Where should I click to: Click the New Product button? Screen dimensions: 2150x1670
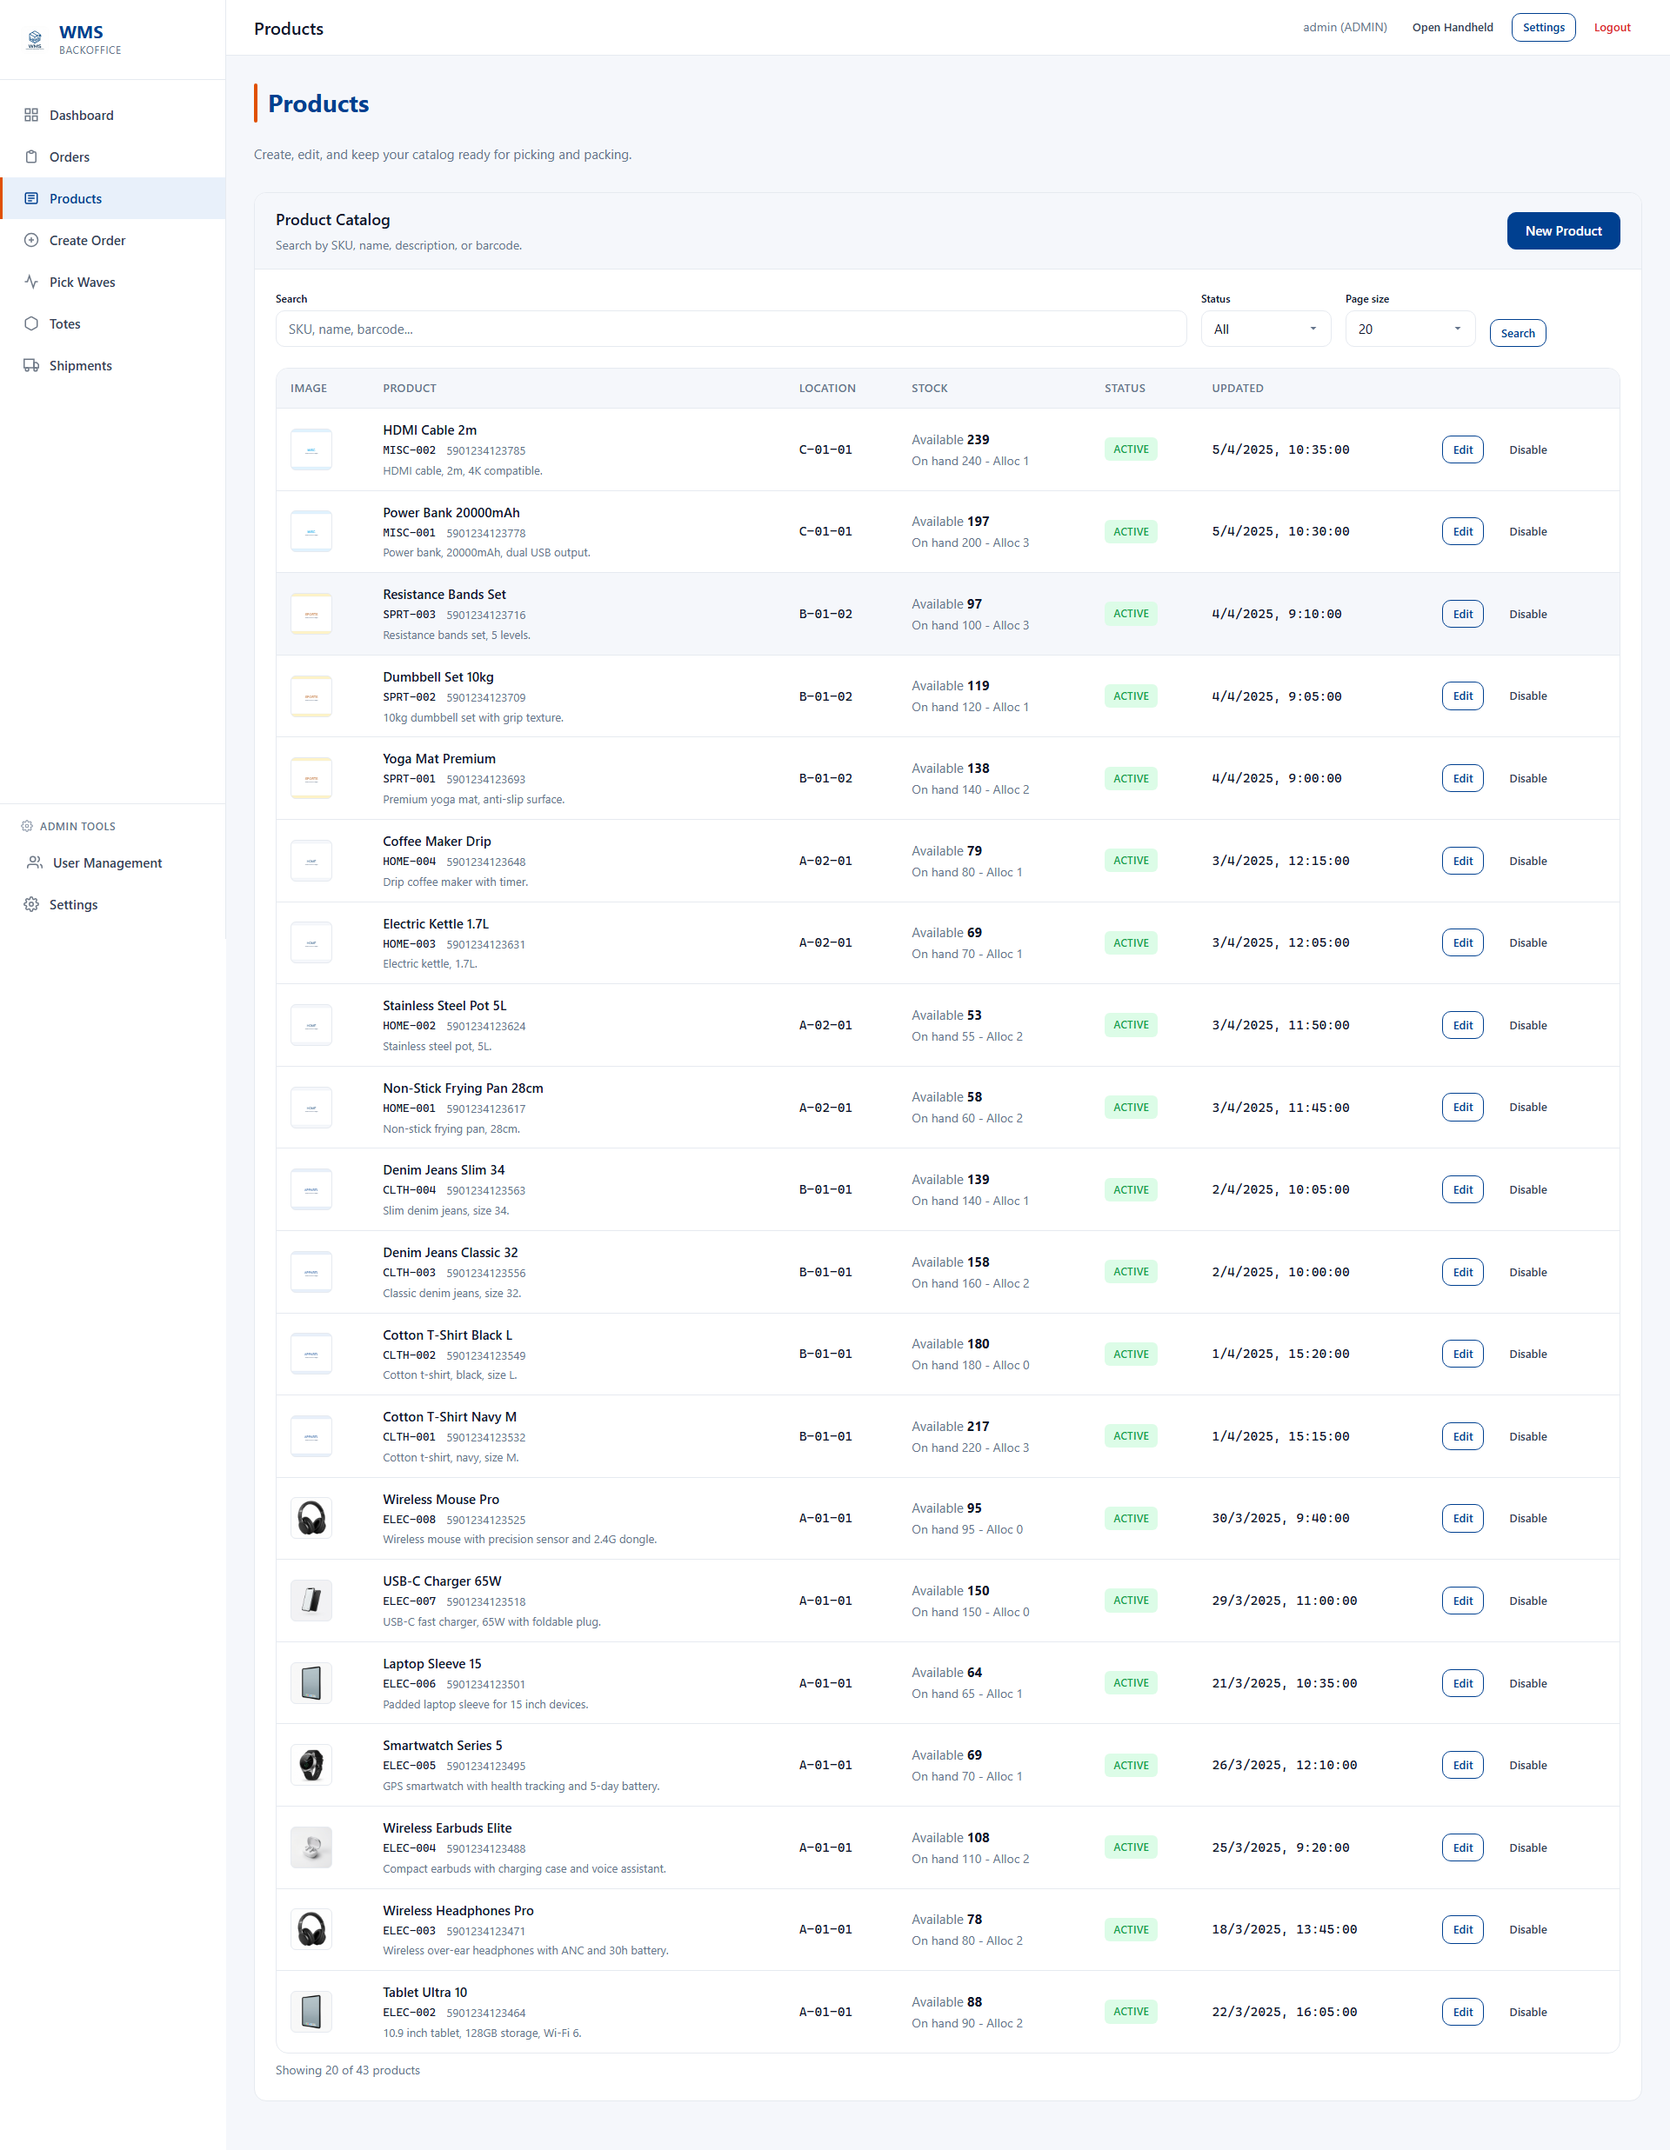click(x=1563, y=230)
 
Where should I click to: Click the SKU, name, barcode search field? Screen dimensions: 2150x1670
click(x=730, y=329)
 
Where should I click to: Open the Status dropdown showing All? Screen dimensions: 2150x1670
click(x=1265, y=329)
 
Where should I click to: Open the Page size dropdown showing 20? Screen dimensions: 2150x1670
click(x=1409, y=329)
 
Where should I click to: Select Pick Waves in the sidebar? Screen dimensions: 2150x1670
click(x=82, y=283)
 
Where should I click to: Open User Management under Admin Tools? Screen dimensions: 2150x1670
click(x=106, y=862)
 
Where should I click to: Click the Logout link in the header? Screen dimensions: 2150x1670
click(x=1611, y=28)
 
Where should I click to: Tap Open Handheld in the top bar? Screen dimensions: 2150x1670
click(x=1452, y=28)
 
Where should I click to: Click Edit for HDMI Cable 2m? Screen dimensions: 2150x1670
click(x=1461, y=449)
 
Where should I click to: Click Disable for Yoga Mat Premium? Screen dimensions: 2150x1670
click(x=1527, y=779)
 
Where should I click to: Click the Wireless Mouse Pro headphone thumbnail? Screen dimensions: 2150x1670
click(x=311, y=1518)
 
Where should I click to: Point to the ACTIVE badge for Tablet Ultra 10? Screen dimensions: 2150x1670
click(x=1131, y=2011)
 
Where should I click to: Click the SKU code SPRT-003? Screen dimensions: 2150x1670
click(x=409, y=615)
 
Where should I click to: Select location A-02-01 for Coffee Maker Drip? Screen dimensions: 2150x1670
click(x=825, y=861)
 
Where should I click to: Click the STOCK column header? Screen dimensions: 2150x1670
click(x=929, y=388)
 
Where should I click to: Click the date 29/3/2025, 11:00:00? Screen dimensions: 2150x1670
click(x=1283, y=1601)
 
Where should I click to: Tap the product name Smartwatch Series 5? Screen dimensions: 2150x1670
click(x=442, y=1746)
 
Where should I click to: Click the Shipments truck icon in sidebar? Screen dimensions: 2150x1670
click(x=31, y=365)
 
